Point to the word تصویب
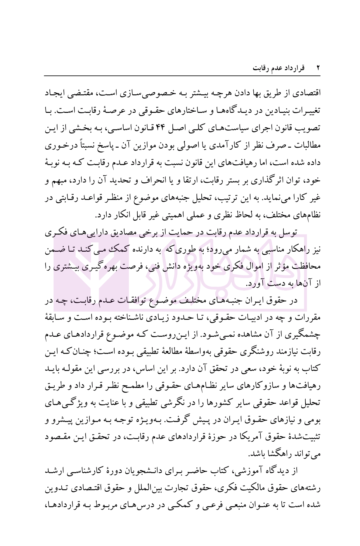[311, 127]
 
